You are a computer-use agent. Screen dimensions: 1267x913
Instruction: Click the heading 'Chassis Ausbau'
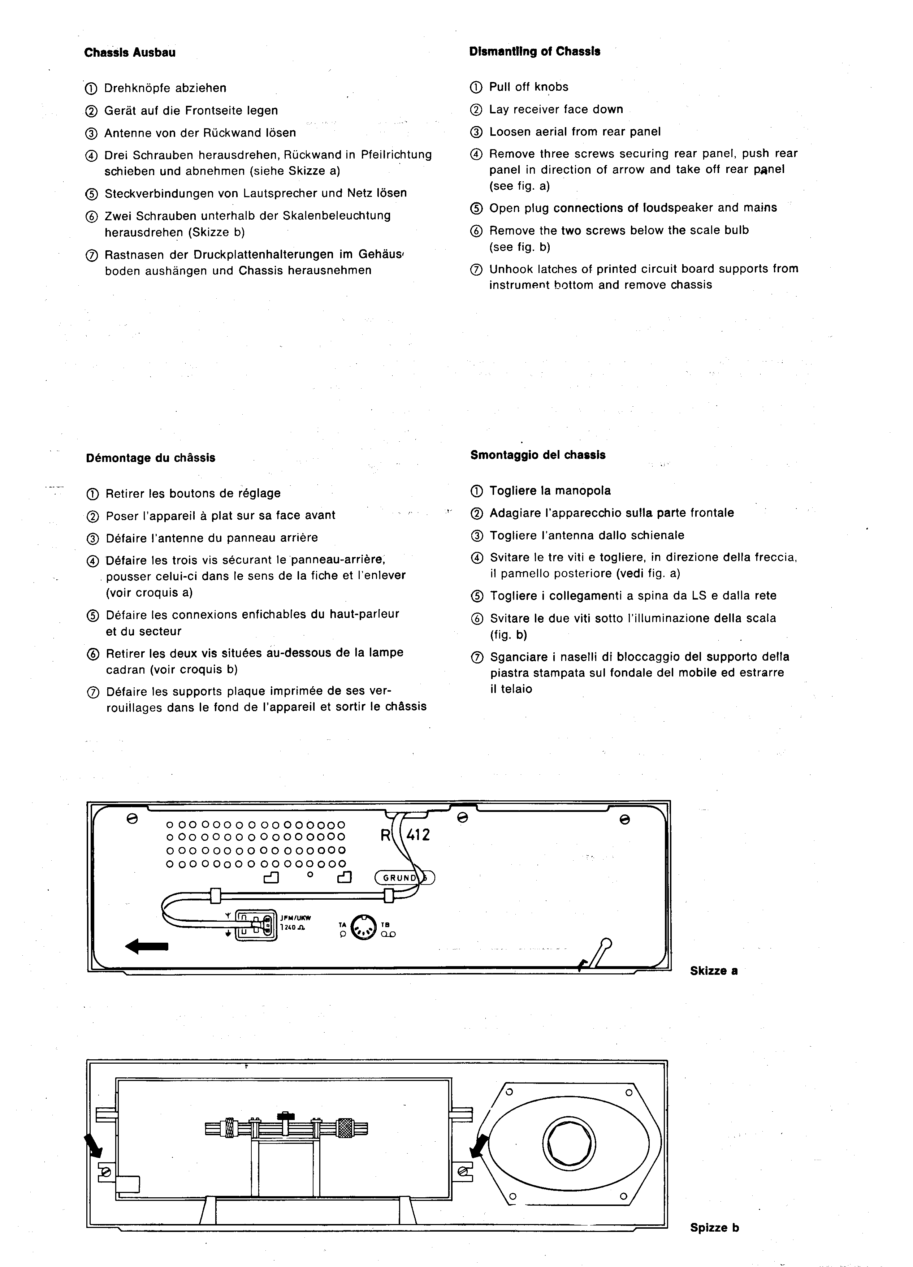coord(130,52)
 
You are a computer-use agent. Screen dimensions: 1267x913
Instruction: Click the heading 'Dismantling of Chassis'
coord(535,51)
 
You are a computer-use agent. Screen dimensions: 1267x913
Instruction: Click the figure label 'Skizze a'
coord(714,970)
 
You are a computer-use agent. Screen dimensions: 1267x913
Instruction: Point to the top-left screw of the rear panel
coord(133,819)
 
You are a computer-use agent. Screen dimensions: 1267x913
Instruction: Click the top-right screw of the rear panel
coord(625,819)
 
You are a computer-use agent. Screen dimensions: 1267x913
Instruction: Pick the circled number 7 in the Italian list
coord(477,658)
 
